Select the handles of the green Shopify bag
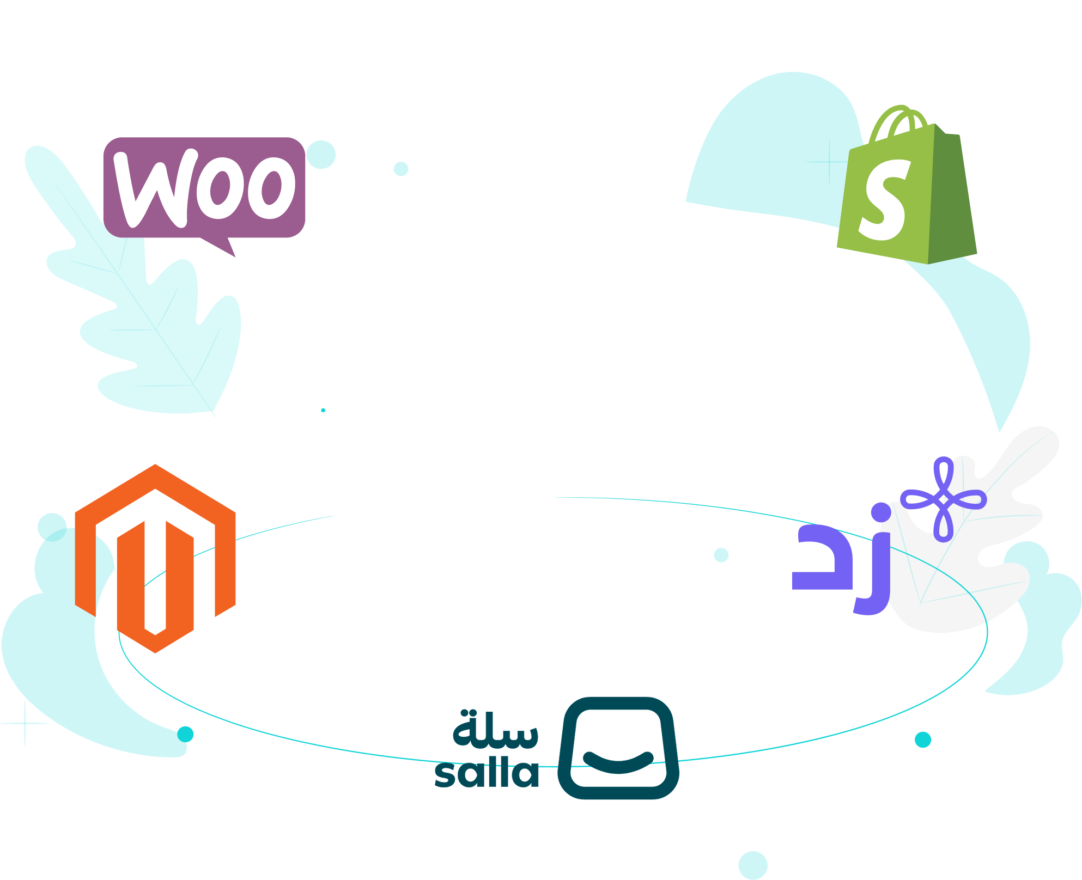[899, 121]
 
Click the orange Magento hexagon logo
[155, 558]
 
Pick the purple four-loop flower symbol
[943, 499]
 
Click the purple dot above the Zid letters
[880, 512]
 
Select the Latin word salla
[487, 773]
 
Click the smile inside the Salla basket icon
[618, 760]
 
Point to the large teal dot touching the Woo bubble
[321, 155]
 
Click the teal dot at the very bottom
[753, 865]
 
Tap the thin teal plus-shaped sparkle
[25, 724]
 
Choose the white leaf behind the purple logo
[981, 588]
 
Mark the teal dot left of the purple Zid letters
[721, 555]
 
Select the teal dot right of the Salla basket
[923, 740]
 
